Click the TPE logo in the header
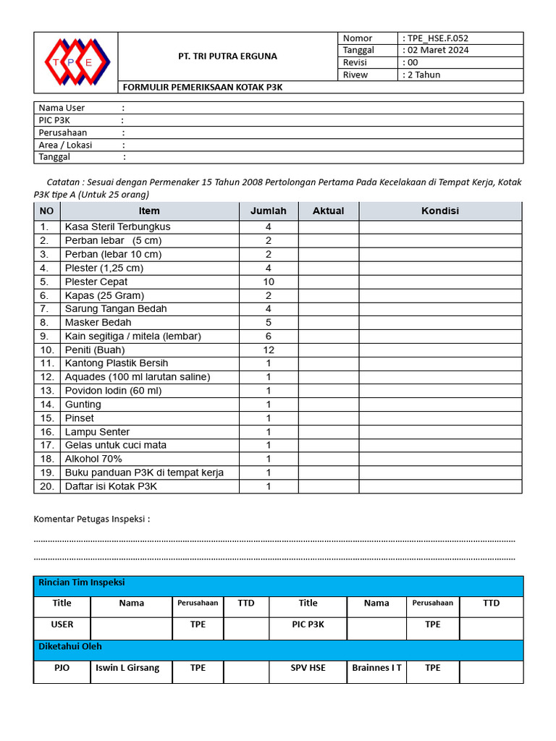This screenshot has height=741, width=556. click(x=75, y=62)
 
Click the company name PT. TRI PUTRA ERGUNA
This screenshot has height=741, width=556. click(x=227, y=56)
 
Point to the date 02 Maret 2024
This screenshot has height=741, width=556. click(x=437, y=50)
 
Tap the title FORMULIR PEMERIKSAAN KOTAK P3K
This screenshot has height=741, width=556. click(x=202, y=87)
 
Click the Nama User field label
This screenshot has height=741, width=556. click(x=62, y=108)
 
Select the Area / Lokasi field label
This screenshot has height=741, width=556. click(x=65, y=145)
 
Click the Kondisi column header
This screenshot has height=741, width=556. click(x=439, y=211)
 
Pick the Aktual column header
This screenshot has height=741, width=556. click(x=328, y=211)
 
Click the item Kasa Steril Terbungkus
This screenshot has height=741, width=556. click(x=117, y=226)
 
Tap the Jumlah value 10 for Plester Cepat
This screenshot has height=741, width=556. click(x=269, y=281)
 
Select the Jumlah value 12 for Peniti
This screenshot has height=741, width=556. click(x=269, y=350)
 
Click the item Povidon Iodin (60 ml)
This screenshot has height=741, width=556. click(x=113, y=391)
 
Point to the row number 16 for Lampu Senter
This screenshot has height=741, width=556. click(x=47, y=432)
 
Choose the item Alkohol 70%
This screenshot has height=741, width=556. click(x=93, y=459)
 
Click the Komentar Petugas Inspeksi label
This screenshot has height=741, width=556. click(x=92, y=519)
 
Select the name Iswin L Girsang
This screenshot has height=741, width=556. click(x=127, y=668)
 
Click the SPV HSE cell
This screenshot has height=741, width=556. click(x=308, y=668)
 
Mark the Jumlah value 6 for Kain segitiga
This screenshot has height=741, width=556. click(x=269, y=336)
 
